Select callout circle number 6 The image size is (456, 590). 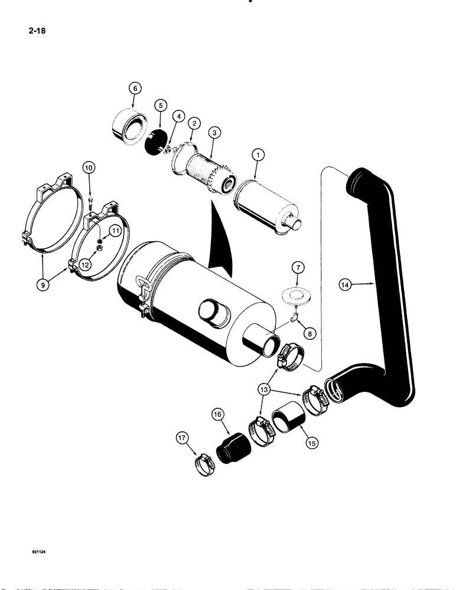pos(135,88)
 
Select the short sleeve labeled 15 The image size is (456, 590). pos(286,424)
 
